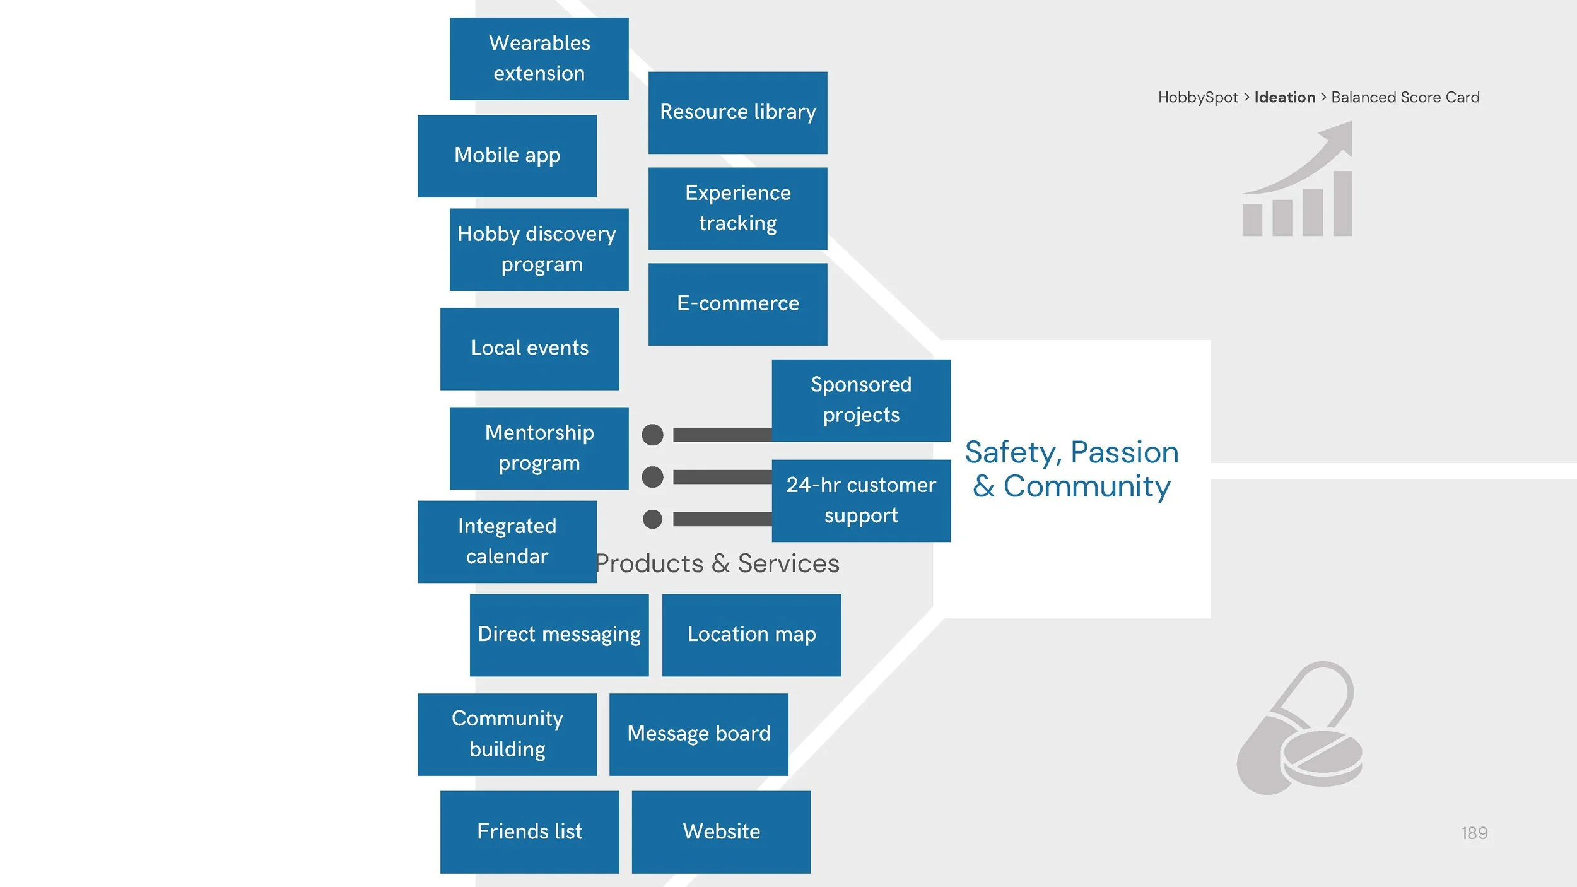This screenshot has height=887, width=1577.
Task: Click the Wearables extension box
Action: [x=539, y=59]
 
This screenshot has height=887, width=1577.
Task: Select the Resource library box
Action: [x=737, y=112]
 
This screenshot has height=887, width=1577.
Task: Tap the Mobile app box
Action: [x=507, y=156]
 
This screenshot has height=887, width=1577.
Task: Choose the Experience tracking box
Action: [x=737, y=208]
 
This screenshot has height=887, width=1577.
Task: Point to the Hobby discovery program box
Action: [x=539, y=249]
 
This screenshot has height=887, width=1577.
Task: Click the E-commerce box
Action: [x=737, y=304]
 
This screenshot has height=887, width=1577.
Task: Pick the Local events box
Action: [x=529, y=348]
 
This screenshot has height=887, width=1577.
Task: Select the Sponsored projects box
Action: [x=860, y=400]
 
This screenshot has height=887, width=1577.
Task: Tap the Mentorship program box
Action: [x=539, y=448]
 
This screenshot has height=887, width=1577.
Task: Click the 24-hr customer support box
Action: [x=860, y=500]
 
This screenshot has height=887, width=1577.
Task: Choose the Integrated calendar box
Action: [x=507, y=541]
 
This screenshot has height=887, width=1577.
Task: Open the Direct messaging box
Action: [x=559, y=635]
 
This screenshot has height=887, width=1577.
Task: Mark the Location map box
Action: [x=751, y=635]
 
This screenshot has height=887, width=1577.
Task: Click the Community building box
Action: [x=507, y=734]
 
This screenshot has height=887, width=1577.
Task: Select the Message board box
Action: [x=698, y=734]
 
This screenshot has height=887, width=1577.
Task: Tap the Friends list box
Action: [x=529, y=831]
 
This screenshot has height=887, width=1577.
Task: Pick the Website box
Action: [x=721, y=831]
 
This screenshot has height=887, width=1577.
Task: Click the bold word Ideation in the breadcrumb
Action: [x=1284, y=97]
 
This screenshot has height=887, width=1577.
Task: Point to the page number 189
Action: [x=1474, y=833]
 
